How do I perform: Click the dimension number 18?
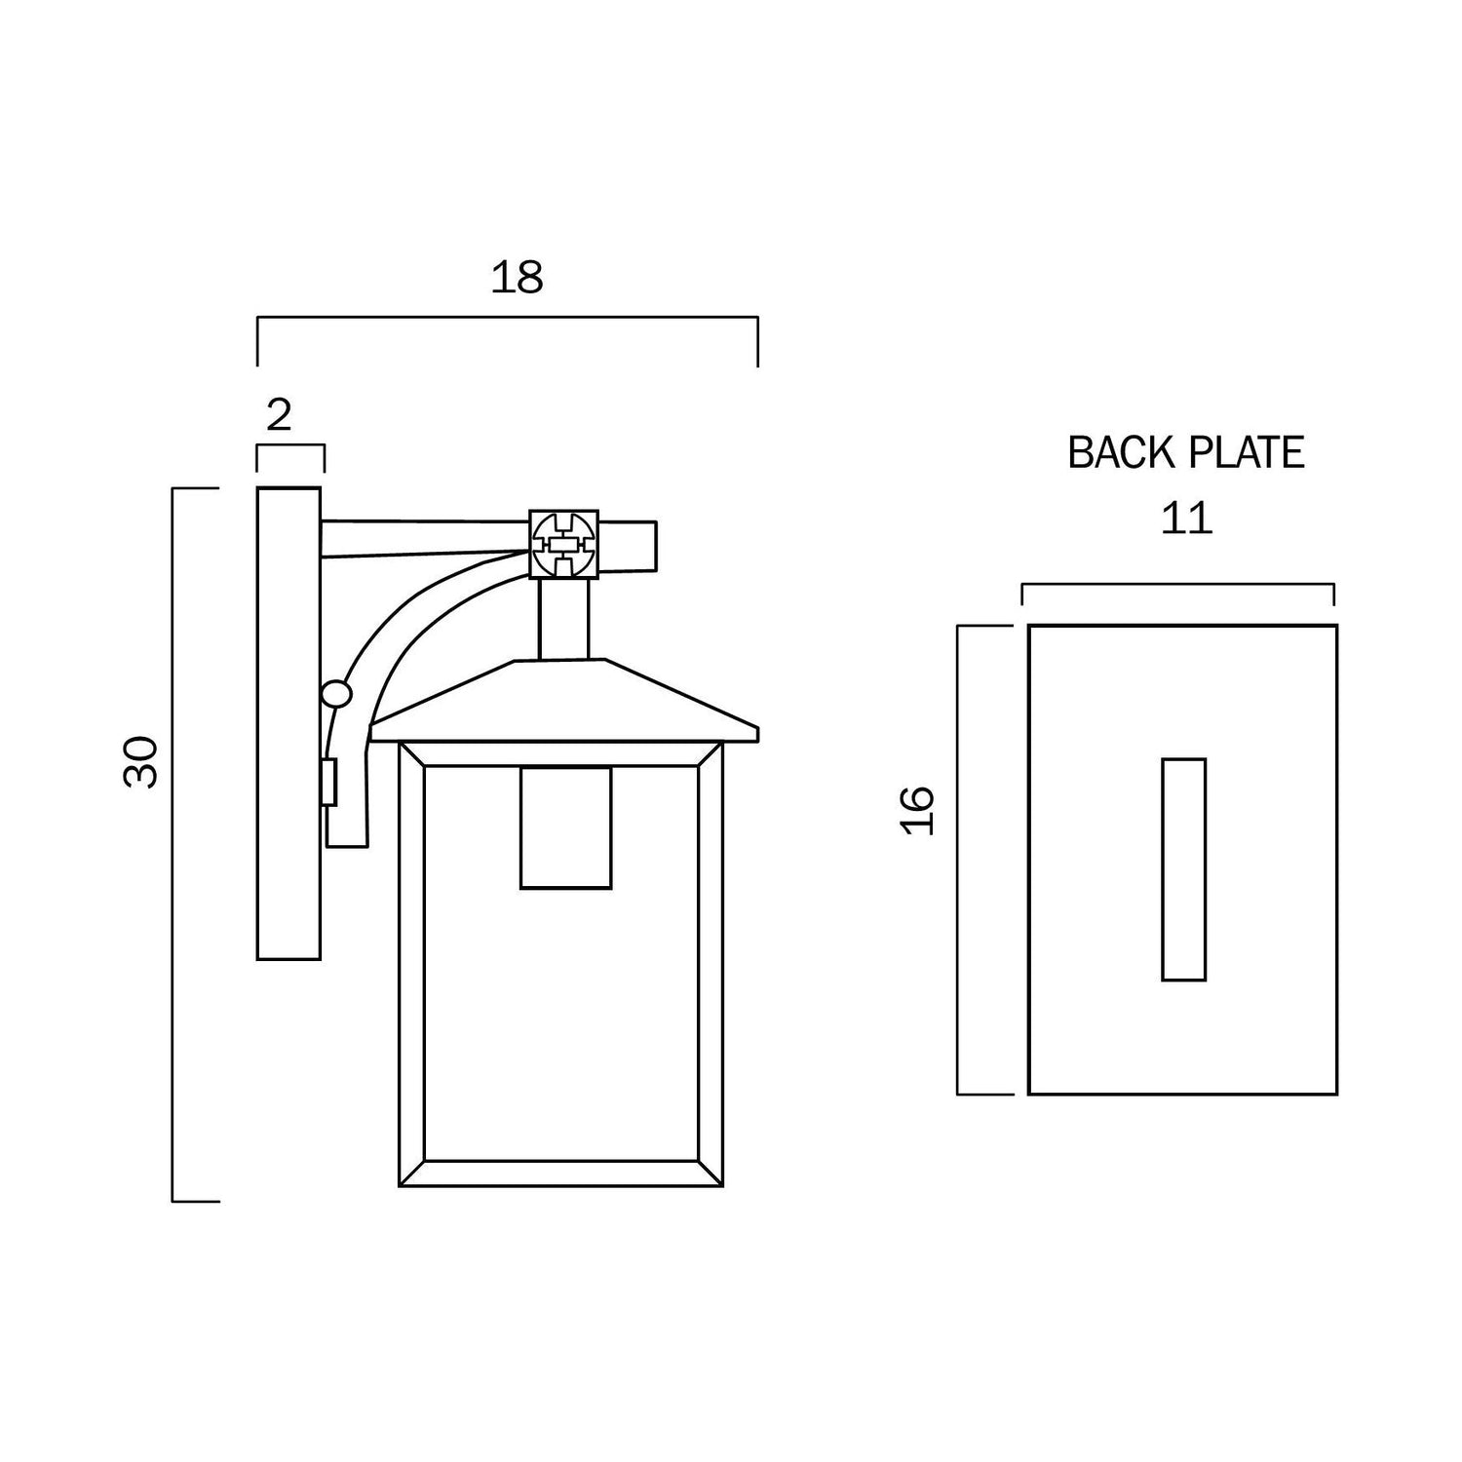point(517,278)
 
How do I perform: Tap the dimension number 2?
point(279,416)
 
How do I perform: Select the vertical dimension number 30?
point(142,762)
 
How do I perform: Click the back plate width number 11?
point(1186,519)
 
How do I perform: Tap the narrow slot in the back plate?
point(1184,868)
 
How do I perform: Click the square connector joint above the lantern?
point(563,543)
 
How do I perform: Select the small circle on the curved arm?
point(336,694)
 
